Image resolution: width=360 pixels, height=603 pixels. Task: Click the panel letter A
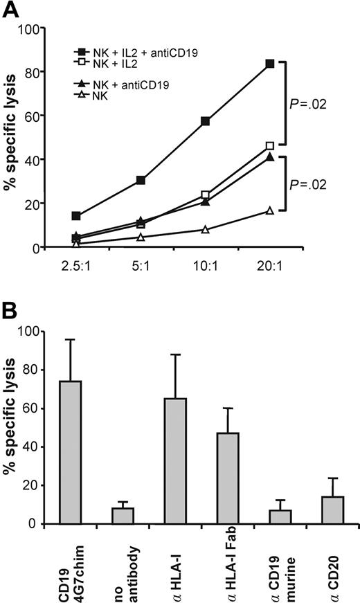coord(11,10)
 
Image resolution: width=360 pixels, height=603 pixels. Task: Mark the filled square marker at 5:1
coord(141,180)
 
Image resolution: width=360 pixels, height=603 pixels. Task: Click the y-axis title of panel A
coord(13,138)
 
